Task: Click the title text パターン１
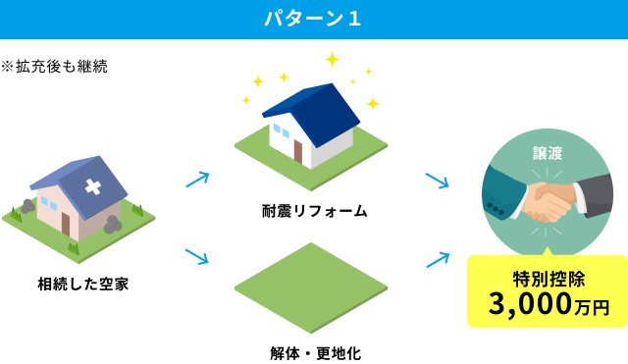313,19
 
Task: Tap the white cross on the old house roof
93,185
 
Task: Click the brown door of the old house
66,223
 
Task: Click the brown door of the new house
297,150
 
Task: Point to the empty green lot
310,286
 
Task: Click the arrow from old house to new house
197,180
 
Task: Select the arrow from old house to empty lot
197,256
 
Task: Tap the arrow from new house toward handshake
437,181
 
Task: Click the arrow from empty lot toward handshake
438,259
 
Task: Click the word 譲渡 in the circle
548,154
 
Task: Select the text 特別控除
549,278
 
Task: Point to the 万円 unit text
592,308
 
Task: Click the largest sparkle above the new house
332,60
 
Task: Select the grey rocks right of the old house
113,225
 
